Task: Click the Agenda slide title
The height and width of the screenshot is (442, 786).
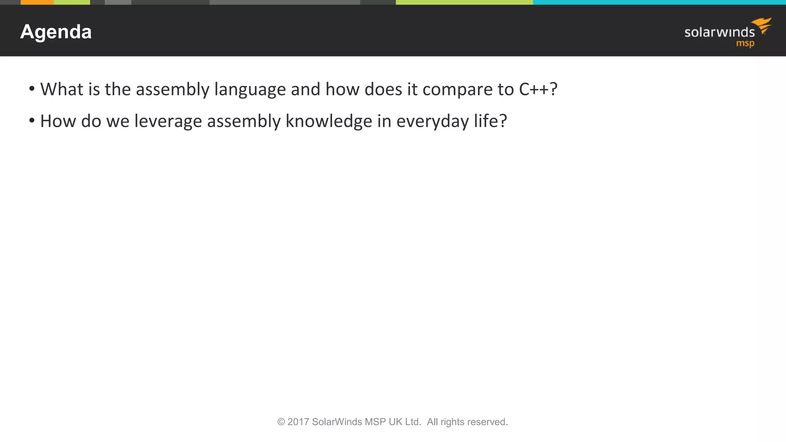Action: (x=56, y=32)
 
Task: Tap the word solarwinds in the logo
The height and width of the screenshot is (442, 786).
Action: (x=719, y=33)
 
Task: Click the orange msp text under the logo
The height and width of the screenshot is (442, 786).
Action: (x=745, y=43)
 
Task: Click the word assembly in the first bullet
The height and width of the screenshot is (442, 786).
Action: (x=173, y=89)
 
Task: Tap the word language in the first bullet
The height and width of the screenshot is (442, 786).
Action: (x=250, y=89)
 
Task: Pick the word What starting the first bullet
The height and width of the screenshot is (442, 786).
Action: (x=62, y=89)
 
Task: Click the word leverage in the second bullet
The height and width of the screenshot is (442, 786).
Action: (x=168, y=121)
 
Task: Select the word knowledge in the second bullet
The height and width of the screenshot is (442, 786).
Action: (x=329, y=121)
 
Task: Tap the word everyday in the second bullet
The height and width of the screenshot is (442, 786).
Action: (x=433, y=121)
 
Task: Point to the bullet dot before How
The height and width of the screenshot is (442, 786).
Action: (x=32, y=121)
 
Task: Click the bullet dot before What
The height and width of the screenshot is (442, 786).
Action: (x=32, y=89)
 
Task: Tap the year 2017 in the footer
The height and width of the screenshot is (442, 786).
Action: (x=298, y=422)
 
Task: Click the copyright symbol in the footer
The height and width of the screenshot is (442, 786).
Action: (x=281, y=422)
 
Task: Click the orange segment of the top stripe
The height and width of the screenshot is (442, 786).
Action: (x=37, y=2)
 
